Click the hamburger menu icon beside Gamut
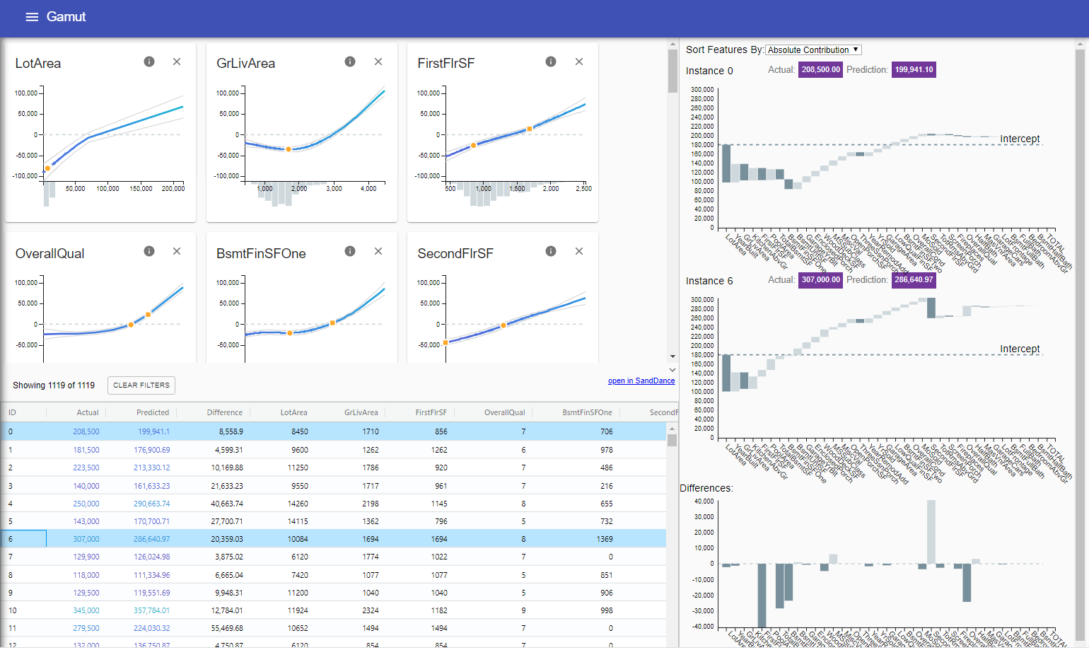tap(32, 17)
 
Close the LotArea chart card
tap(177, 62)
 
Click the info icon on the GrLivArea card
tap(350, 62)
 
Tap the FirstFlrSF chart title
tap(445, 64)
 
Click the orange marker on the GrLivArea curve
tap(289, 149)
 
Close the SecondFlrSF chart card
tap(579, 252)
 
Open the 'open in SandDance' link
tap(641, 381)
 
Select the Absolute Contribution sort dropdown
tap(813, 50)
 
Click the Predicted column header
tap(153, 412)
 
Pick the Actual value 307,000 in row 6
tap(86, 539)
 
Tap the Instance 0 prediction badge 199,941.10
tap(914, 70)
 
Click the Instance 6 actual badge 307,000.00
tap(820, 280)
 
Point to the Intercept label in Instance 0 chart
tap(1019, 139)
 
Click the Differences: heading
tap(706, 488)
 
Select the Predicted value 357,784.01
tap(151, 610)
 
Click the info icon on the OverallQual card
tap(149, 252)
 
